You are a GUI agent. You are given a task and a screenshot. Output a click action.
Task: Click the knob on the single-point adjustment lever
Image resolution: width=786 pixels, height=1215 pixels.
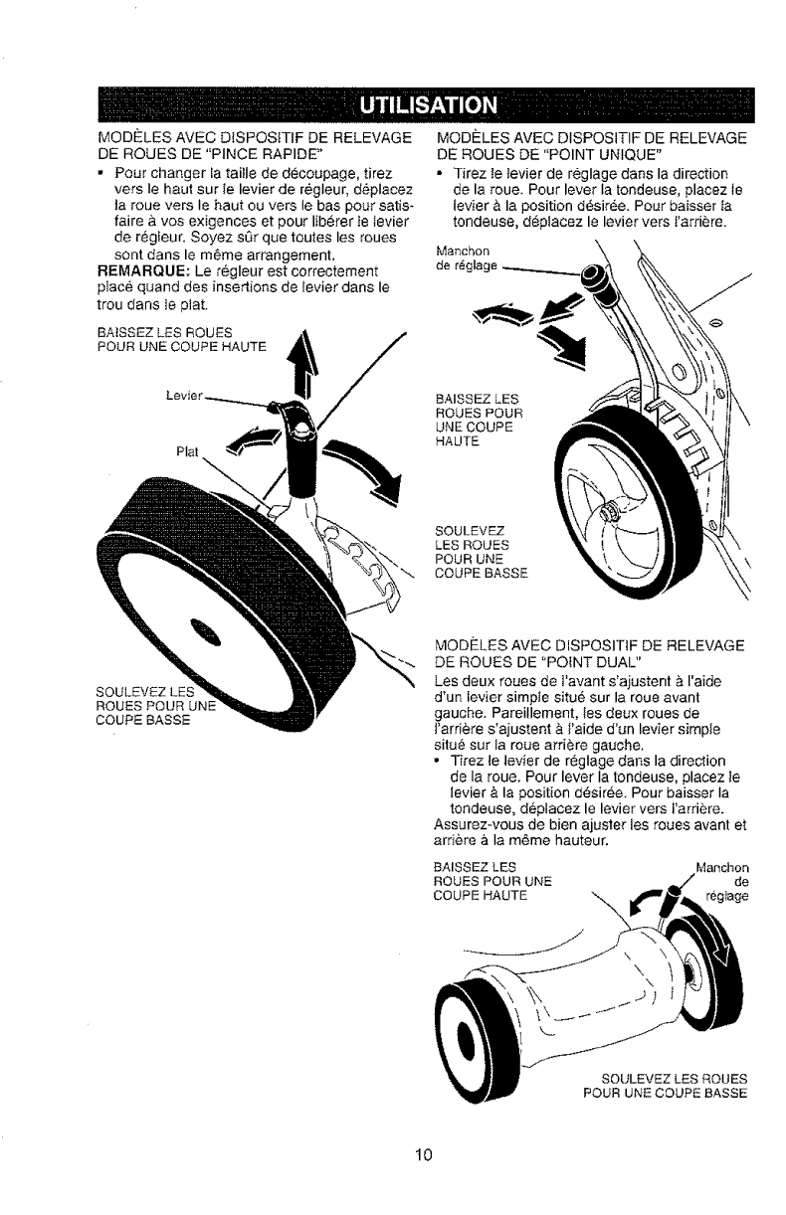coord(598,280)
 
